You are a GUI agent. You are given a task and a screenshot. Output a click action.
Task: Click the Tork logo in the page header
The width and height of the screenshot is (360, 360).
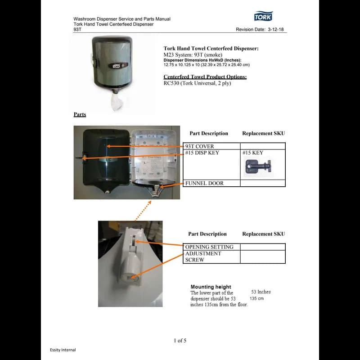[x=263, y=17]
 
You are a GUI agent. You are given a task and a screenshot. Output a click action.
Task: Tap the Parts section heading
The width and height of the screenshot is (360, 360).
[x=80, y=115]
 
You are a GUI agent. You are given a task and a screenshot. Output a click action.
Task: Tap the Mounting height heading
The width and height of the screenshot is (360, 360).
[x=211, y=287]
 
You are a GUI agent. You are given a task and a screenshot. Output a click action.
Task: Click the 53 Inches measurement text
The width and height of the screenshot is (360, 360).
[x=261, y=292]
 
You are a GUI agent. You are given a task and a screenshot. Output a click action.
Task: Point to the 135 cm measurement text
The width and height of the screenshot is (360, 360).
[x=256, y=298]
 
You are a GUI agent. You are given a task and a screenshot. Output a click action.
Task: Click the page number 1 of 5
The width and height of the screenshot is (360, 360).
[x=180, y=341]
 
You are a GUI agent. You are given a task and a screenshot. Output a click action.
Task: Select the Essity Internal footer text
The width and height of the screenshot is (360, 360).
[x=63, y=350]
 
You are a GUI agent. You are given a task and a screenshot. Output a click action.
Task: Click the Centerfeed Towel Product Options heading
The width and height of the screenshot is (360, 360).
[x=205, y=77]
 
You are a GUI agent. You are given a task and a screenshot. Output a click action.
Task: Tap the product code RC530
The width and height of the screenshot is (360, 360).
[x=171, y=83]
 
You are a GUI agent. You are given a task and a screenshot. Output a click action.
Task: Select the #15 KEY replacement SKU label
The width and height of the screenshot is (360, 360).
[x=252, y=153]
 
